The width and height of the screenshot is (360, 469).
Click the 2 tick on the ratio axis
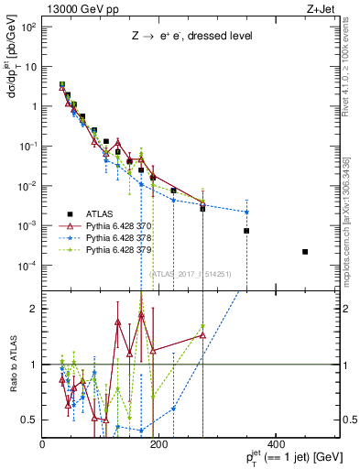(x=34, y=309)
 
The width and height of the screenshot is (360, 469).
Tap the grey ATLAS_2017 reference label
(x=189, y=273)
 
